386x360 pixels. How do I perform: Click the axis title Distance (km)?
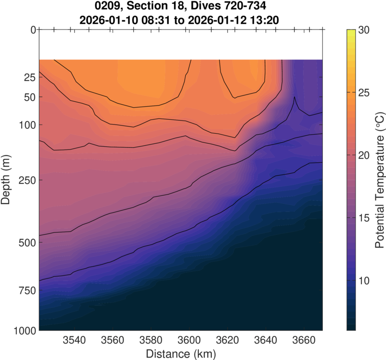coord(180,353)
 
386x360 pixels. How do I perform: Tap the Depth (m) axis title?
coord(6,180)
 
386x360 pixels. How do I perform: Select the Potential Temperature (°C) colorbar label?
coord(380,180)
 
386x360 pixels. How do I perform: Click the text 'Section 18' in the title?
coord(166,7)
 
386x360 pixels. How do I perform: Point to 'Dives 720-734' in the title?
coord(230,7)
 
